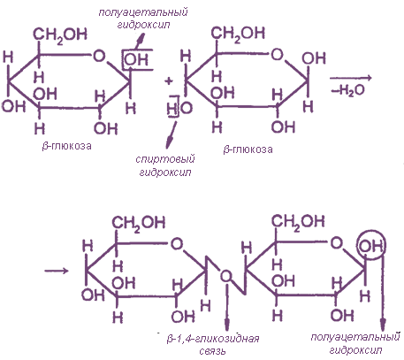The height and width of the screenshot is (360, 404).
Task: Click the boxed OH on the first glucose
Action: pyautogui.click(x=136, y=59)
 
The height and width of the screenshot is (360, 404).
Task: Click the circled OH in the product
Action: pyautogui.click(x=371, y=246)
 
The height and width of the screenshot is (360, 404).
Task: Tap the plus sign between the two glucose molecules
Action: pyautogui.click(x=169, y=80)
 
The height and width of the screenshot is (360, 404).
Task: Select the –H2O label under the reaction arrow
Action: pyautogui.click(x=348, y=90)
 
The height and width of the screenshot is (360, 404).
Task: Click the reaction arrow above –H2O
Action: pyautogui.click(x=351, y=78)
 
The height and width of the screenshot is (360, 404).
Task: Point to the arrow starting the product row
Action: pyautogui.click(x=57, y=271)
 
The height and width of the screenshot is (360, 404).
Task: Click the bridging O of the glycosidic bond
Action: pyautogui.click(x=226, y=276)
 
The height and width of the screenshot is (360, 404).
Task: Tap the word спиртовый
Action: pyautogui.click(x=165, y=159)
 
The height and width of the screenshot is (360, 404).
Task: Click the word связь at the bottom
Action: pyautogui.click(x=212, y=351)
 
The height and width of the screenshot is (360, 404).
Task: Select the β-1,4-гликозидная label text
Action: pyautogui.click(x=213, y=339)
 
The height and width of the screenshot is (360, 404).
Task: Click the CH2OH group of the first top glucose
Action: pyautogui.click(x=60, y=35)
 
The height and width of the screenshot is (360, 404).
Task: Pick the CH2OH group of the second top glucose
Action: pyautogui.click(x=238, y=34)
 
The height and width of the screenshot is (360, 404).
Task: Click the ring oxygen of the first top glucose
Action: pyautogui.click(x=99, y=56)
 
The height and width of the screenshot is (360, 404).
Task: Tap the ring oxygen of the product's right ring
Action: pyautogui.click(x=337, y=243)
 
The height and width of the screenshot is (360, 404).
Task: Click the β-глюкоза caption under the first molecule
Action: pyautogui.click(x=66, y=146)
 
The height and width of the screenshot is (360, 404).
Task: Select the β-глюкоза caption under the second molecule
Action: pyautogui.click(x=248, y=149)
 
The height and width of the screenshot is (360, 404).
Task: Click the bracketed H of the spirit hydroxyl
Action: pyautogui.click(x=172, y=109)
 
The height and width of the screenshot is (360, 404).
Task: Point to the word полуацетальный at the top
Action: pyautogui.click(x=143, y=12)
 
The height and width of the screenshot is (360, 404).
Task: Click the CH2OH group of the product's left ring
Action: pyautogui.click(x=139, y=224)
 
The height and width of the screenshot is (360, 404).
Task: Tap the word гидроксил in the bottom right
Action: pyautogui.click(x=355, y=350)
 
